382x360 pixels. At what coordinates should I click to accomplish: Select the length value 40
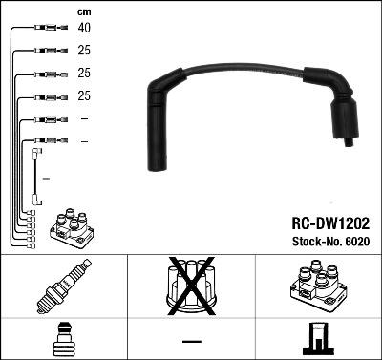pyautogui.click(x=85, y=28)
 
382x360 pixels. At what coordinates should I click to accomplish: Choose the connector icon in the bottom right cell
pyautogui.click(x=318, y=338)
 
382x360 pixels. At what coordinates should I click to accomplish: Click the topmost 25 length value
pyautogui.click(x=85, y=51)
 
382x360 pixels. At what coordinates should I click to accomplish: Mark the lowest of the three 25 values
pyautogui.click(x=85, y=96)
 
